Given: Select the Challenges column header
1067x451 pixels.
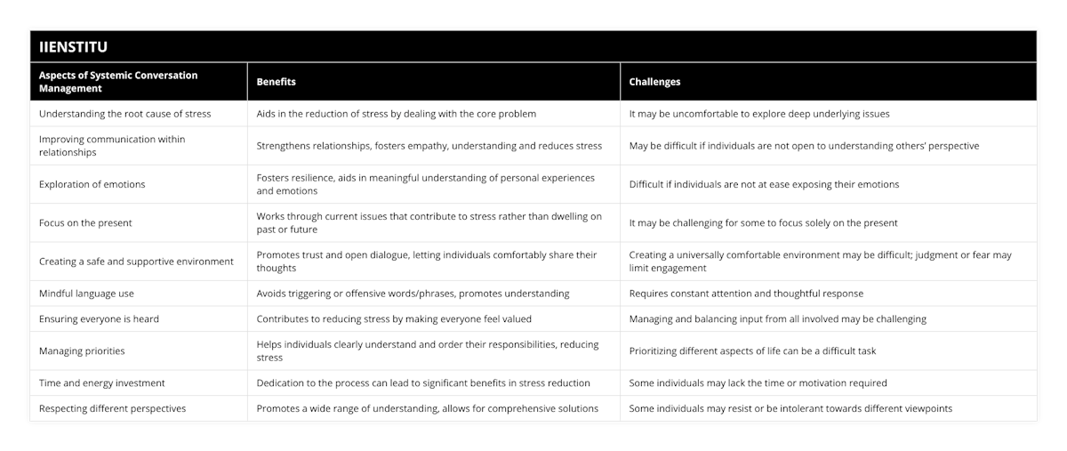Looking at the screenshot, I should [x=654, y=82].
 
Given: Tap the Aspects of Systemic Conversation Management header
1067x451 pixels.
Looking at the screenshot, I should [x=118, y=82].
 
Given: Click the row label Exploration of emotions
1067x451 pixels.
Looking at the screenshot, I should [x=92, y=184].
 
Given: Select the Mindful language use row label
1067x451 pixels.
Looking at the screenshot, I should [x=87, y=293].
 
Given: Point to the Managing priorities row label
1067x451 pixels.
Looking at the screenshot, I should [x=83, y=350].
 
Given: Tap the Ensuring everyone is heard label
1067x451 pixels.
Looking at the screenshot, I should [x=100, y=318].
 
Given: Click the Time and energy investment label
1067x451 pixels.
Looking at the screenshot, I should [x=102, y=383].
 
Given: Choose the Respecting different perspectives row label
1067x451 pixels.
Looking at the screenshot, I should [x=112, y=408].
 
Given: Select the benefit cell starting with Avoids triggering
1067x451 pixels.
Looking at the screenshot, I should [x=413, y=293].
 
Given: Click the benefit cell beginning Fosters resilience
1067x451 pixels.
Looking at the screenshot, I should [x=425, y=184].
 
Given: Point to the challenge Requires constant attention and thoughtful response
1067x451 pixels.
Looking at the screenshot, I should [x=745, y=293].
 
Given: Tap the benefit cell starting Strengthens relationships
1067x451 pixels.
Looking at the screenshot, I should [x=429, y=146].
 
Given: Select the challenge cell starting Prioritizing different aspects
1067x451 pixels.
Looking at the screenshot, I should [x=752, y=350].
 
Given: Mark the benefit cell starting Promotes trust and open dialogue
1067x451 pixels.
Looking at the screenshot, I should [x=426, y=261].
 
